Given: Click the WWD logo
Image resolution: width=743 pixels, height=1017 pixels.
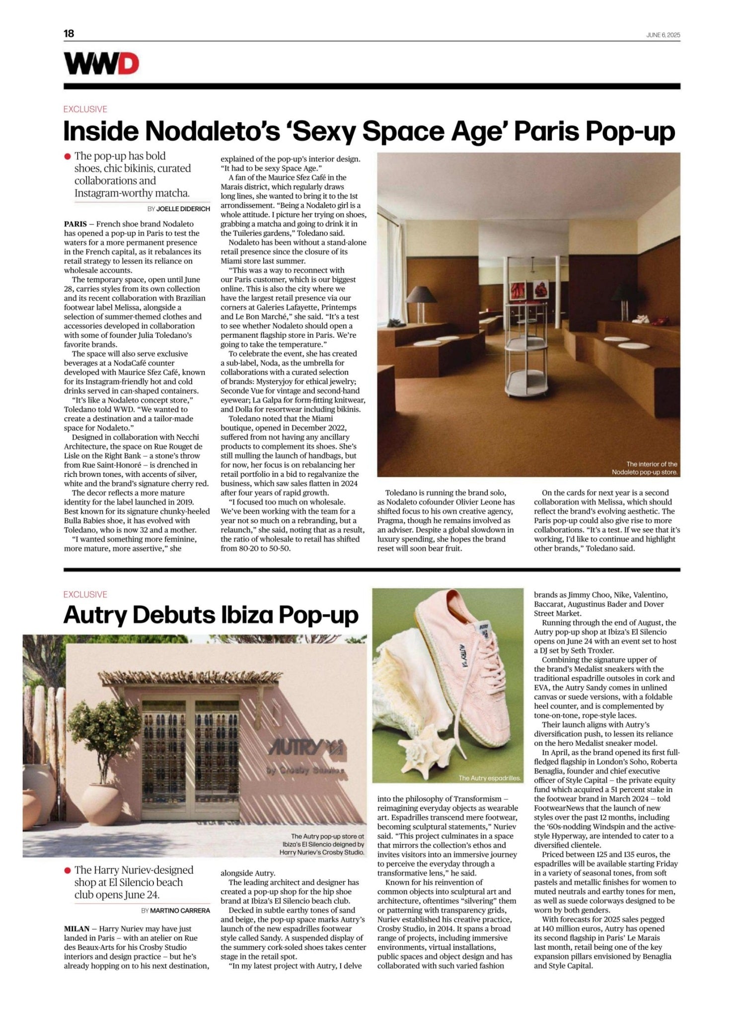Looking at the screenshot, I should [x=101, y=63].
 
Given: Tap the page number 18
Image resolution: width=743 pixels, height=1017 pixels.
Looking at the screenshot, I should [x=69, y=33].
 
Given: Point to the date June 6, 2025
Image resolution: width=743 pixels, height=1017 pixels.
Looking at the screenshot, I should [x=663, y=35].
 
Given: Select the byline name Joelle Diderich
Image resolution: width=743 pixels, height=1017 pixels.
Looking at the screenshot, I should [x=183, y=209].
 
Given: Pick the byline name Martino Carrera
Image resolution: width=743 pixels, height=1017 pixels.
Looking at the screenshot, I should [x=180, y=911].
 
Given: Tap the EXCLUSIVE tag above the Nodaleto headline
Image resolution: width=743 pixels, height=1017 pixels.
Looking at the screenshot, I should [x=85, y=109].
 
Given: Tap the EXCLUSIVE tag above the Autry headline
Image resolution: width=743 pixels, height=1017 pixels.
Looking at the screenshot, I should [x=85, y=594].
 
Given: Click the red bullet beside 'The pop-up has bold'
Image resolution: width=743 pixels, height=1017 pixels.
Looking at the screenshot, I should [x=68, y=156].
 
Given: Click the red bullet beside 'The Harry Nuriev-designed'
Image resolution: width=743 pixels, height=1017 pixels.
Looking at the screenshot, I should [x=68, y=870].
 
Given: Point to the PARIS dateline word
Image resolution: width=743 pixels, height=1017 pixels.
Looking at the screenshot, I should [x=75, y=224].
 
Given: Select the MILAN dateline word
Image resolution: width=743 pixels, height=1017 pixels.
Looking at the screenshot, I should [x=76, y=929].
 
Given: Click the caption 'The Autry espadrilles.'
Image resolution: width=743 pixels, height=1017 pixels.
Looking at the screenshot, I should [x=489, y=778].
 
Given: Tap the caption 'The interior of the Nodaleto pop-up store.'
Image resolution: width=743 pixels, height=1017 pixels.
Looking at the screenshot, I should [x=644, y=468].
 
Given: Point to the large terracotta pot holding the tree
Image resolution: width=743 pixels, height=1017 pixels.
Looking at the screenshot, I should [x=101, y=803].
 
